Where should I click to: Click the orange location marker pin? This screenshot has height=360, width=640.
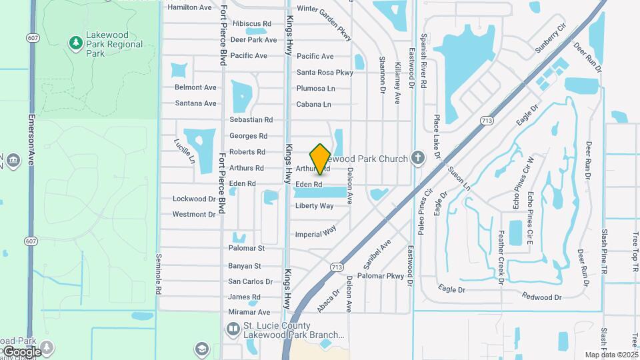(x=321, y=159)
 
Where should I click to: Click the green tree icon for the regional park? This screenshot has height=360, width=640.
(x=76, y=43)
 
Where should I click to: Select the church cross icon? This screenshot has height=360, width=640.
(x=418, y=158)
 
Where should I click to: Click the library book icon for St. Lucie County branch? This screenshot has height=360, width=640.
(x=233, y=329)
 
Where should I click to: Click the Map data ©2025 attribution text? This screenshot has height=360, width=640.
(x=611, y=355)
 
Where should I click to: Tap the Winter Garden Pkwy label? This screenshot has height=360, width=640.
(x=323, y=9)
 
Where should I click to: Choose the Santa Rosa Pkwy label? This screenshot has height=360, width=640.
(x=325, y=72)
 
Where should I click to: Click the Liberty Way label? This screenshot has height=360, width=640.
(x=315, y=205)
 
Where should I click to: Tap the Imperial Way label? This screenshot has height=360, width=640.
(x=316, y=233)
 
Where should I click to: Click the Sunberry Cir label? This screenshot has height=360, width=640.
(x=550, y=39)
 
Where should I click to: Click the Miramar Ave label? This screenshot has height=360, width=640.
(x=249, y=312)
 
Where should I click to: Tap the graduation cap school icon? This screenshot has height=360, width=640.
(x=201, y=349)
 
